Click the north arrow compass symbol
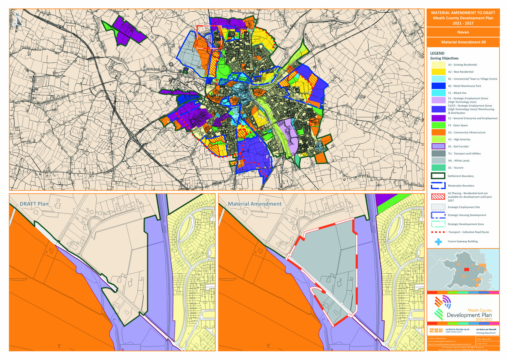coord(17,19)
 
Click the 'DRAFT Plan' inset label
coord(34,204)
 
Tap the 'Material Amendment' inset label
coord(254,204)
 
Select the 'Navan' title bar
coord(463,32)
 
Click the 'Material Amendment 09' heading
coord(463,42)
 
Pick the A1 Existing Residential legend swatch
coord(438,65)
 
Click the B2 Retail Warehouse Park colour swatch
coord(438,86)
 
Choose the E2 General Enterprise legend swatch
coord(438,118)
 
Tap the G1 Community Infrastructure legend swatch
coord(438,132)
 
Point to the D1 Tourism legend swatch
coord(438,168)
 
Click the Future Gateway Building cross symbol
coord(438,241)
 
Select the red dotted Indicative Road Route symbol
coord(438,232)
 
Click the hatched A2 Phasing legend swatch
coord(438,197)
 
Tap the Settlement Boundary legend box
coord(438,176)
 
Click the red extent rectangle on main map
coord(209,37)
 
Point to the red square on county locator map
coord(466,270)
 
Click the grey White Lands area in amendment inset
coord(324,255)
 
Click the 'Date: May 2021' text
coord(483,339)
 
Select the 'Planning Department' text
coord(486,333)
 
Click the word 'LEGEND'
coord(437,53)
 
